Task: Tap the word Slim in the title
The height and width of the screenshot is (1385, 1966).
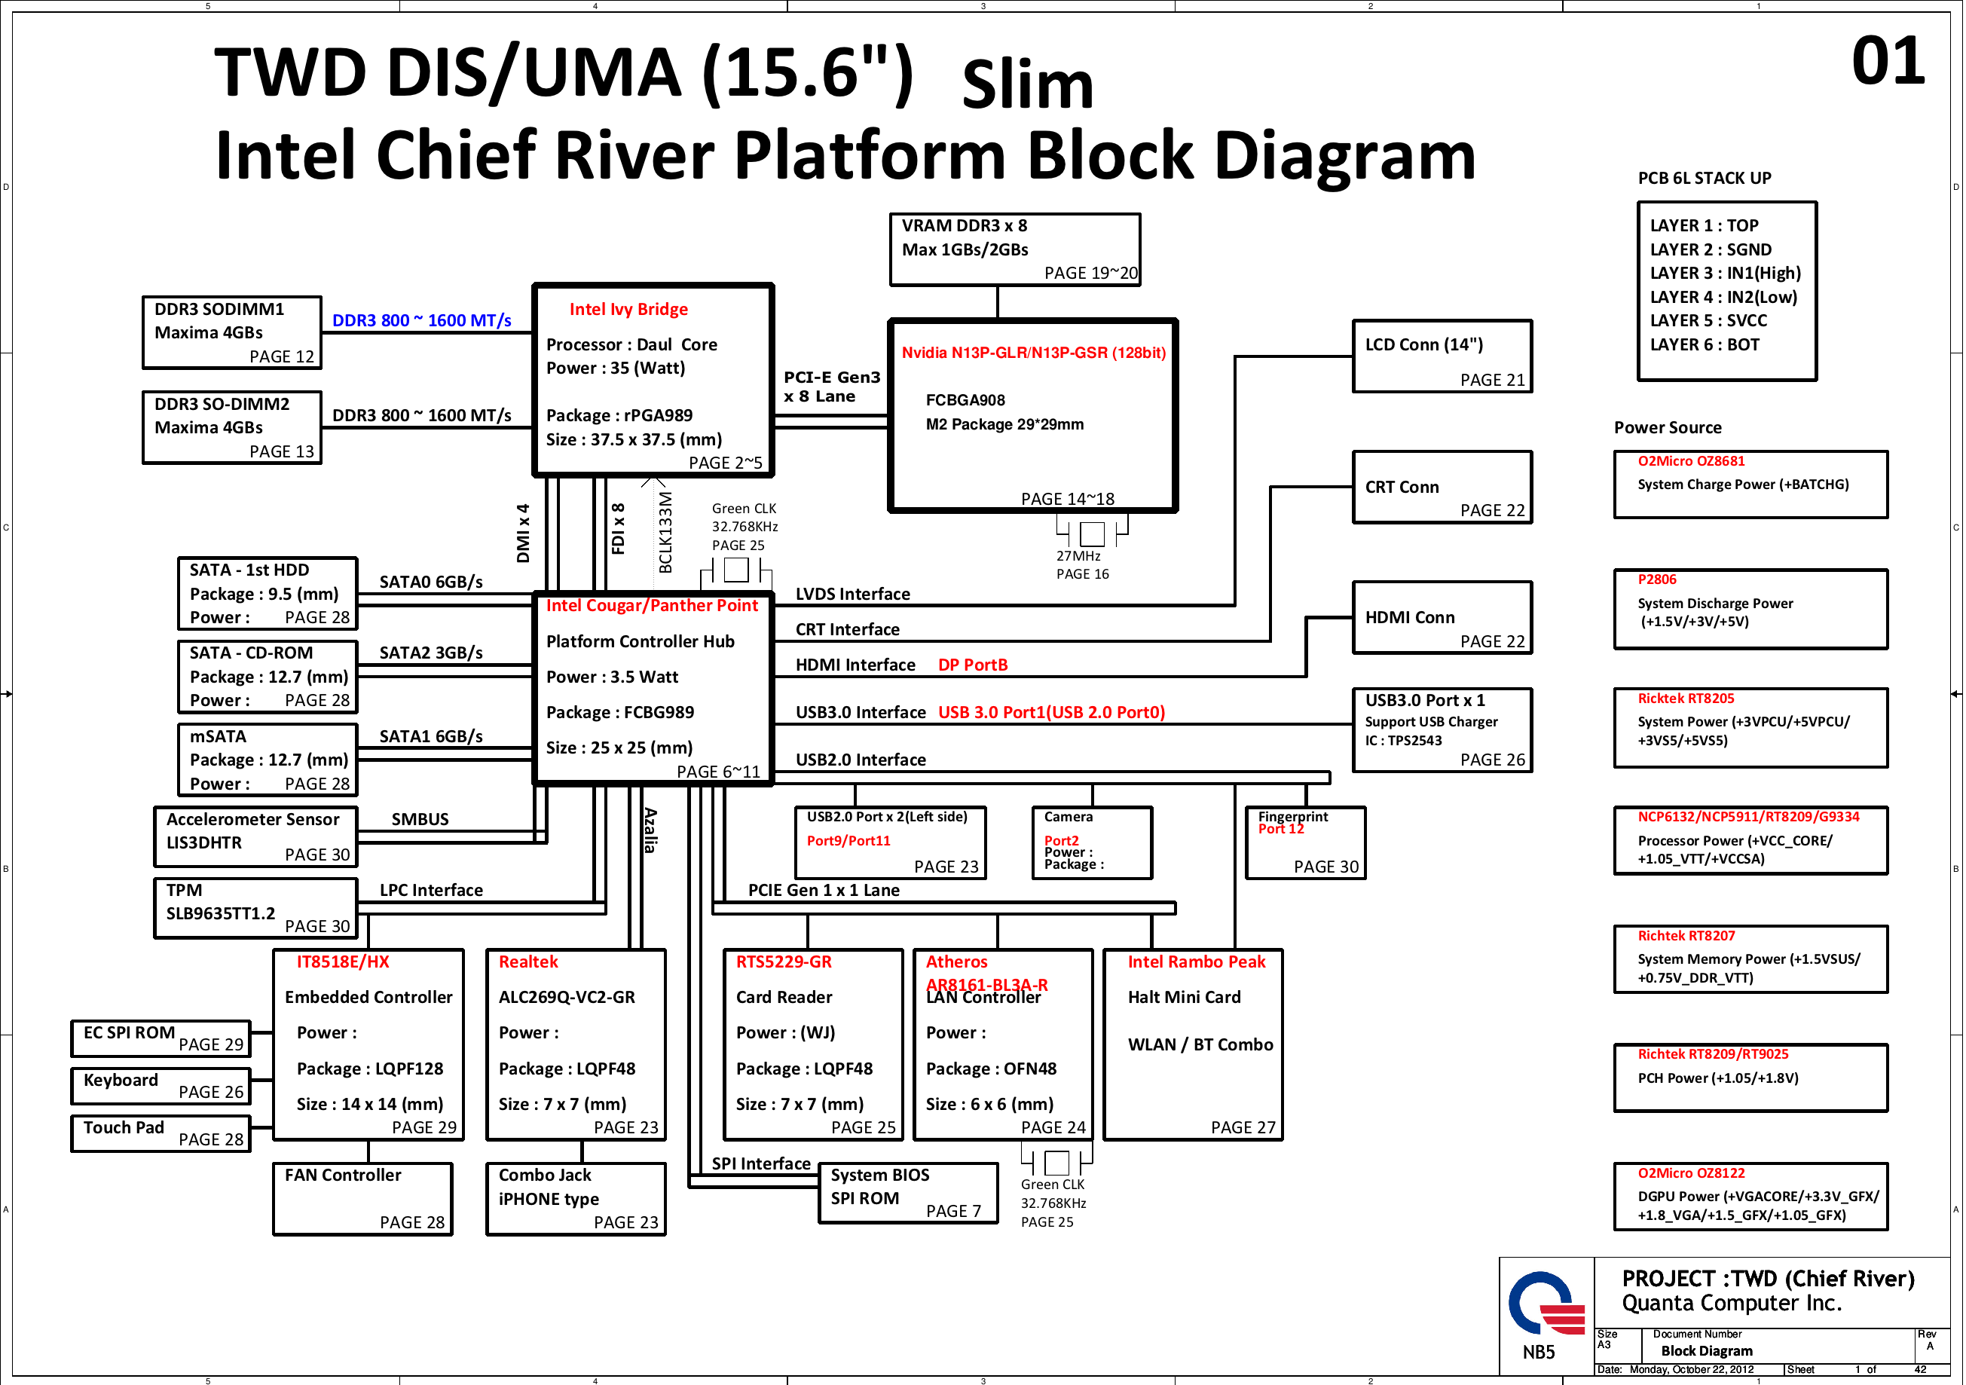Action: point(1028,85)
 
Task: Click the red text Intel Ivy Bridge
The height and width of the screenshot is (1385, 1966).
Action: point(628,309)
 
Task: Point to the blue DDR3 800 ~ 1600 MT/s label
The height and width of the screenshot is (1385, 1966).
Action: point(421,320)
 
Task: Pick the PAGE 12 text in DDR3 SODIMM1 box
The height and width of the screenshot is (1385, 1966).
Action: point(282,356)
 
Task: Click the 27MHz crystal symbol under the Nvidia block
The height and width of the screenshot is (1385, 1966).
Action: point(1092,534)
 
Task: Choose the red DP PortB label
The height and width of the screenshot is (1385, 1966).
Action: point(973,665)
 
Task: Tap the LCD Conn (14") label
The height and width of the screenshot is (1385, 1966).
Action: point(1424,344)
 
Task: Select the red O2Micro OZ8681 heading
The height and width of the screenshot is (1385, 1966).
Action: point(1690,461)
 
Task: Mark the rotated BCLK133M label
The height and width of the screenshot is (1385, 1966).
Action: point(665,532)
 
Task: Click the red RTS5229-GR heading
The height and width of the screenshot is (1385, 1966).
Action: point(784,962)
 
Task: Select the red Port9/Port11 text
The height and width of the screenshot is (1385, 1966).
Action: point(848,841)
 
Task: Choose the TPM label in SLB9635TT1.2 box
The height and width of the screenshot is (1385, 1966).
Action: point(184,890)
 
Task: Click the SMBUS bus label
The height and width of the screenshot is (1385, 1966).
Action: point(420,819)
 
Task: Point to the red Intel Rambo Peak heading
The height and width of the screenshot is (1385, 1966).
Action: point(1195,962)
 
